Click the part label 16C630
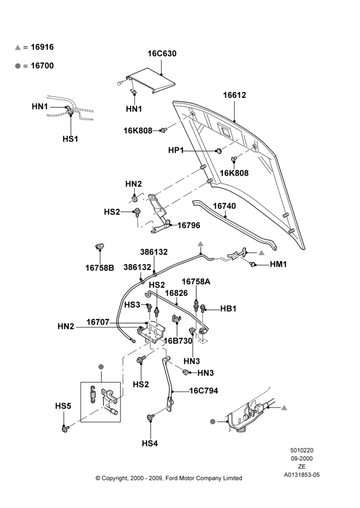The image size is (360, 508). (162, 53)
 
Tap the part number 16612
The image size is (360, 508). (234, 95)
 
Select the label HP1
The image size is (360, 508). (176, 150)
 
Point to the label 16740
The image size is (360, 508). (224, 206)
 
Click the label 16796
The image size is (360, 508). (189, 225)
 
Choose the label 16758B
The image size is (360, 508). (100, 268)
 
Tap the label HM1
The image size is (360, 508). (278, 264)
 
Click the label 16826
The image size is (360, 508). (176, 293)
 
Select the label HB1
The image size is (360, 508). (228, 308)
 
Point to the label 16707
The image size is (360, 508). (98, 323)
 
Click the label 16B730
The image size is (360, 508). (178, 341)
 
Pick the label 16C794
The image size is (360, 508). (204, 391)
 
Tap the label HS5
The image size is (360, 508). (63, 406)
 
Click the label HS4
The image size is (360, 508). (150, 443)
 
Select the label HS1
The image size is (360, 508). (70, 139)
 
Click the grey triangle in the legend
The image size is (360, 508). (17, 48)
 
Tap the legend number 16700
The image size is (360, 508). (42, 66)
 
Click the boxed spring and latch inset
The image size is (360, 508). (101, 402)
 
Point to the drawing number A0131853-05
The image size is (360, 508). (302, 475)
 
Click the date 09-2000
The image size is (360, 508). (302, 458)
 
